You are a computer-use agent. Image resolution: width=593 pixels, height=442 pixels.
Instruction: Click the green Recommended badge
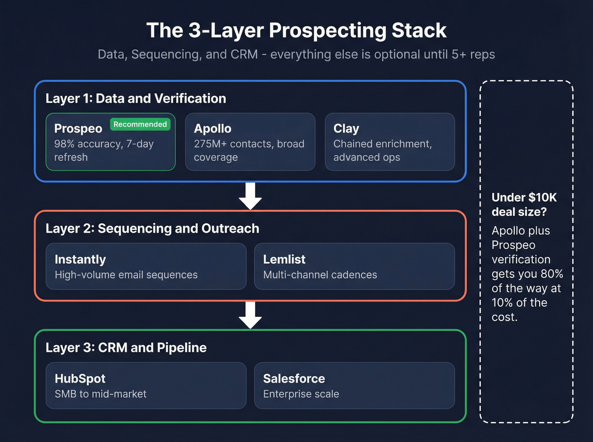click(140, 124)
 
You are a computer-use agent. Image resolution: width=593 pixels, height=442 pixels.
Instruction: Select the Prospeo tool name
click(78, 129)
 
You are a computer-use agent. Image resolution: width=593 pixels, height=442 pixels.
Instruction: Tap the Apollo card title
click(213, 129)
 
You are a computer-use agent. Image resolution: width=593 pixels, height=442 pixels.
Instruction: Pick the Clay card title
click(346, 129)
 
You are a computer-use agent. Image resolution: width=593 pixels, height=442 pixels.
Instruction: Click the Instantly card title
click(80, 259)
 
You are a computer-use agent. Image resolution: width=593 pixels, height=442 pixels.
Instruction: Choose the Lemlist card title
click(284, 259)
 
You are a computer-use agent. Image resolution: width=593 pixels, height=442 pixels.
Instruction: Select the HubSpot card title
click(80, 379)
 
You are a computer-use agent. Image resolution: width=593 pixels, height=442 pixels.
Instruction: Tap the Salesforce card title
click(294, 379)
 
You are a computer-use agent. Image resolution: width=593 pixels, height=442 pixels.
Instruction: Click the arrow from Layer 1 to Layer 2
click(250, 196)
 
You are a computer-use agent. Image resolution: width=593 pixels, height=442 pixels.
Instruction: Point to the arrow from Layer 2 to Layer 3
click(250, 315)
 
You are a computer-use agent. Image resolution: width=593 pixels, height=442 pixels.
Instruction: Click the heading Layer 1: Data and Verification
click(136, 99)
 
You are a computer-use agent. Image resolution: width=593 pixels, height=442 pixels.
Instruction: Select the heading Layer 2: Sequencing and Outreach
click(152, 228)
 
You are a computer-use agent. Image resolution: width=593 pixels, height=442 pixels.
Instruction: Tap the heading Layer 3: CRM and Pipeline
click(126, 348)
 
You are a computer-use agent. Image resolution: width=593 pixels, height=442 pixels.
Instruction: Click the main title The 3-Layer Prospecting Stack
click(296, 30)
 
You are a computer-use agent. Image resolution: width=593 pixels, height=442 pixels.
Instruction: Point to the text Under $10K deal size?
click(524, 205)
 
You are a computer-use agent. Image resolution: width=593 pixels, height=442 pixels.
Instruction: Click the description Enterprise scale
click(301, 394)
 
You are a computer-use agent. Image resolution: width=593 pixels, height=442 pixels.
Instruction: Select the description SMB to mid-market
click(100, 394)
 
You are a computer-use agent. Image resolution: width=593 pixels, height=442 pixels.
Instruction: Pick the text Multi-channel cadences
click(320, 275)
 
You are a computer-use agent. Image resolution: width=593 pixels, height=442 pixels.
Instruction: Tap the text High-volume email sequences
click(126, 275)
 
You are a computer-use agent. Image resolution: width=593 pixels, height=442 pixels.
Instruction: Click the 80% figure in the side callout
click(551, 274)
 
